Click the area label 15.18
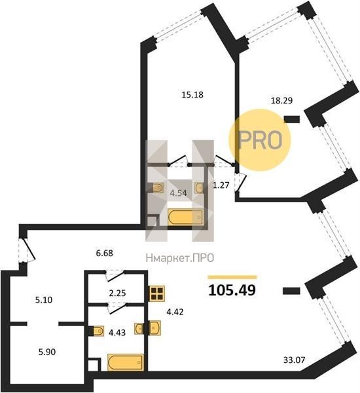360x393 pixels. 192,95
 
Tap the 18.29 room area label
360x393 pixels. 282,100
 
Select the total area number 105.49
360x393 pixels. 232,290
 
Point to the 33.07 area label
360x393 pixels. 295,360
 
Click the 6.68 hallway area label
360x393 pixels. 105,253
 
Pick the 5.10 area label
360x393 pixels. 44,300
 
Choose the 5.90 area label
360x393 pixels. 47,352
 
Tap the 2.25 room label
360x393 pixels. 117,293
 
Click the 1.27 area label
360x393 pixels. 221,185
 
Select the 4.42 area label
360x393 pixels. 175,312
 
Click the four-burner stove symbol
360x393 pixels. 156,293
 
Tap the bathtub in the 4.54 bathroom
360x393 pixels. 185,217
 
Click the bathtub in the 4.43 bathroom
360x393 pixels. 126,362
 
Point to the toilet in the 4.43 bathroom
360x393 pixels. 97,331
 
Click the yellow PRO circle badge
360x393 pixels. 260,140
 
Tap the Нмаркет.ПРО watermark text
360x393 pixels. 180,257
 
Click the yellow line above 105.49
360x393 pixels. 232,277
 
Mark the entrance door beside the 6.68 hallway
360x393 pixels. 27,250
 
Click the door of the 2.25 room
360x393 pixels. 115,276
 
